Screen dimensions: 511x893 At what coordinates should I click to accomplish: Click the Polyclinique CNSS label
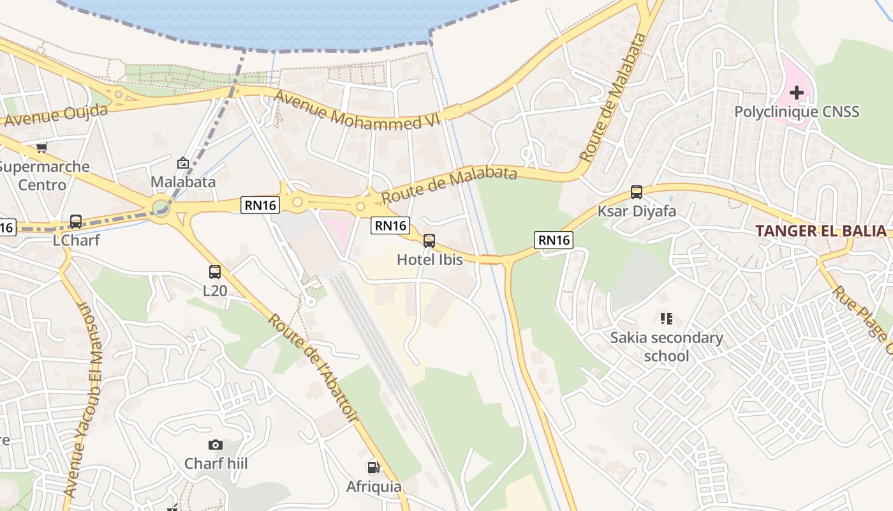pos(797,112)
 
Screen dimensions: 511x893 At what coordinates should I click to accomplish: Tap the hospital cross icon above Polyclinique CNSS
pos(796,93)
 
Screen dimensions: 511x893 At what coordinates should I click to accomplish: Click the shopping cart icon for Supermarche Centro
pos(41,148)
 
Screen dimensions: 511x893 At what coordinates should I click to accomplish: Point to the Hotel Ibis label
pos(429,259)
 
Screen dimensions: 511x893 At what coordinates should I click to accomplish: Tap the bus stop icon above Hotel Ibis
pos(429,241)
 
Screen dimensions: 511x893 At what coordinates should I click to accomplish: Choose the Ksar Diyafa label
pos(636,211)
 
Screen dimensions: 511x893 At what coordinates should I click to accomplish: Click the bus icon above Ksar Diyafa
pos(636,192)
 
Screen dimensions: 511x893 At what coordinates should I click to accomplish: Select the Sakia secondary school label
pos(667,346)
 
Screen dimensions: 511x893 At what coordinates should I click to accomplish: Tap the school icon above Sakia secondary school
pos(667,318)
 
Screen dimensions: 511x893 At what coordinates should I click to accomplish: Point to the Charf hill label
pos(216,463)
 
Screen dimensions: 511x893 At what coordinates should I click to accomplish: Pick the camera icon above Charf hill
pos(216,445)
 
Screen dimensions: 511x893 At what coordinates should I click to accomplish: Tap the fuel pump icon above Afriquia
pos(373,468)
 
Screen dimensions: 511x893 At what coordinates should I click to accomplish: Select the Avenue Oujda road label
pos(54,116)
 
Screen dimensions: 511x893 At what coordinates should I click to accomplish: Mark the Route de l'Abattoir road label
pos(313,367)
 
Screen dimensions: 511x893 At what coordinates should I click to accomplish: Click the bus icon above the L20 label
pos(215,272)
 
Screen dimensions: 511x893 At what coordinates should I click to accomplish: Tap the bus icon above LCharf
pos(76,222)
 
